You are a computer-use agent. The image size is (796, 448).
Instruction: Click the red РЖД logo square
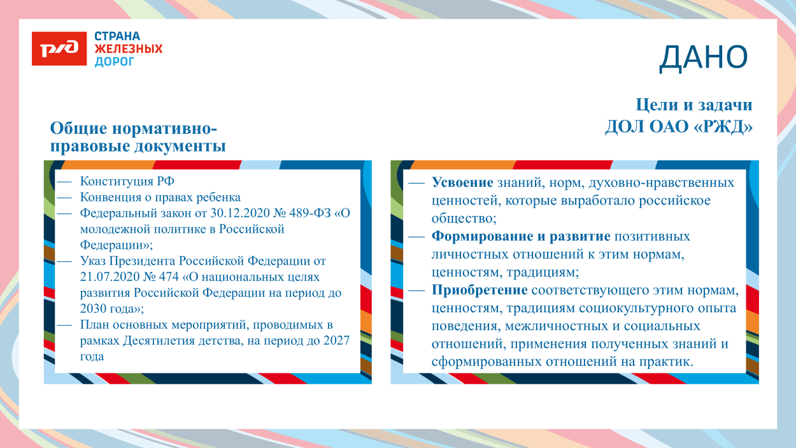pyautogui.click(x=59, y=48)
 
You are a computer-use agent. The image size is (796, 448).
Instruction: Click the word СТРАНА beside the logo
pyautogui.click(x=117, y=36)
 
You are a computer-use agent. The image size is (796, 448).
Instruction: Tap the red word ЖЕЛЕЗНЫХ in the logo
pyautogui.click(x=128, y=49)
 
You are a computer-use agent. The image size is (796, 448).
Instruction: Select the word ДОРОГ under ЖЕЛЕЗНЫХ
pyautogui.click(x=115, y=62)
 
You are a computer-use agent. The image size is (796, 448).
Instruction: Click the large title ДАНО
pyautogui.click(x=703, y=57)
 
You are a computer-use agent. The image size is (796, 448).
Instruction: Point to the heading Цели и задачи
pyautogui.click(x=693, y=105)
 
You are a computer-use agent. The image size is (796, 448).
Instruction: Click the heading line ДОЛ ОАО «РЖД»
pyautogui.click(x=678, y=127)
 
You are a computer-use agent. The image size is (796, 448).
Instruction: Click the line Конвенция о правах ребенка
pyautogui.click(x=160, y=198)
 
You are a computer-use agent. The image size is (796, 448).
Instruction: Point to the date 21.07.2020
pyautogui.click(x=106, y=277)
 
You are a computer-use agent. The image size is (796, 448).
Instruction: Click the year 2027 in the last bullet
pyautogui.click(x=337, y=341)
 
